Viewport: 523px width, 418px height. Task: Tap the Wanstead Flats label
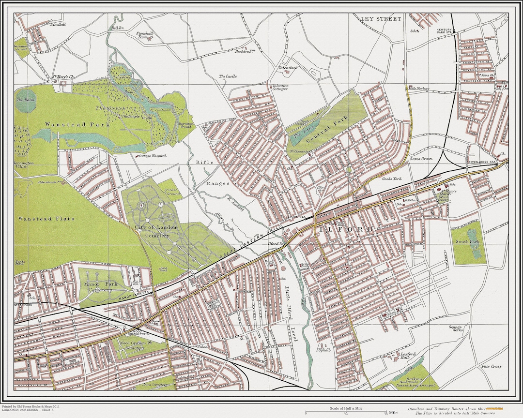pos(46,219)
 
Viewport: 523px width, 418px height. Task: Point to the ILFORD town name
pos(345,229)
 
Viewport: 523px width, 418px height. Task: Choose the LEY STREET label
pos(381,19)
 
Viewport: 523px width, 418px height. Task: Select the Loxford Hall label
pos(408,357)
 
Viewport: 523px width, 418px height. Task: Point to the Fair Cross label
pos(491,367)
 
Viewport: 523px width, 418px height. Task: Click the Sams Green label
pos(421,159)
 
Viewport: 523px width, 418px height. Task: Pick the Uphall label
pos(324,350)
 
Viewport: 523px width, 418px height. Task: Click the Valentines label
pos(287,68)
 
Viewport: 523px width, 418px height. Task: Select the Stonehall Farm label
pos(144,36)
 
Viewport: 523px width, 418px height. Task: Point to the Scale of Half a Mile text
pos(345,409)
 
